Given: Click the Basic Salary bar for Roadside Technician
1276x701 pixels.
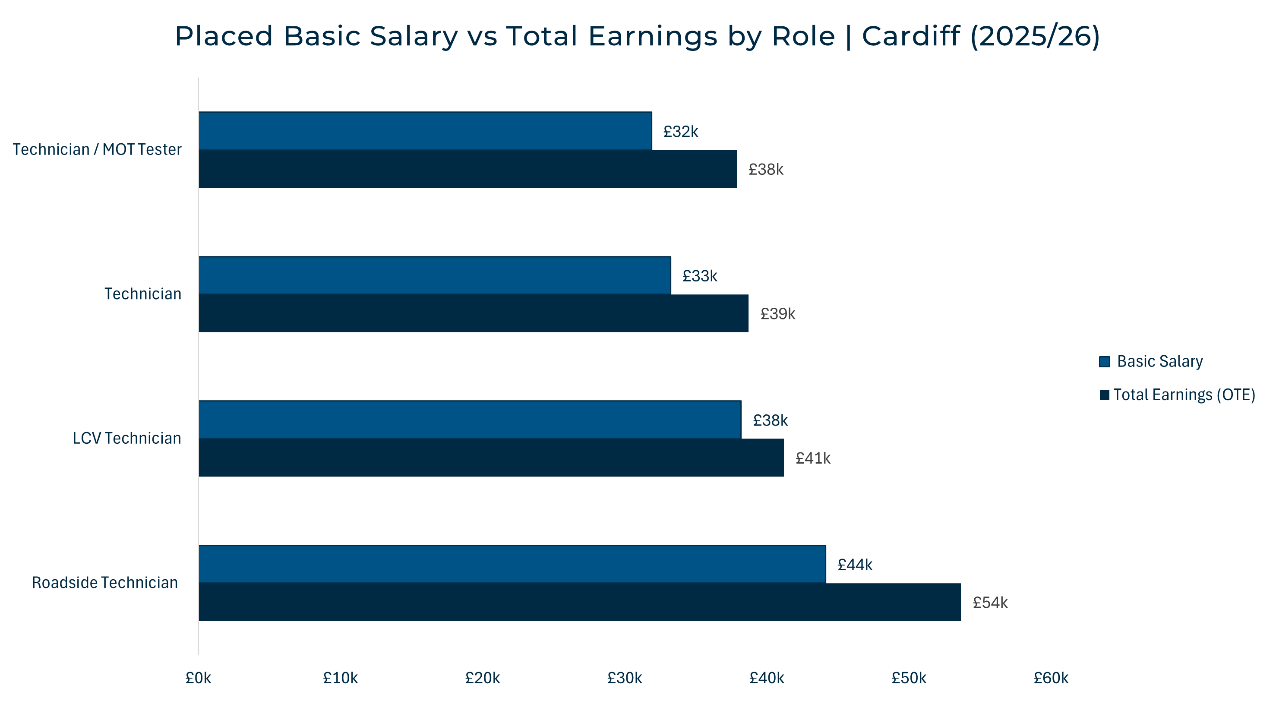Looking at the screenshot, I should pos(512,564).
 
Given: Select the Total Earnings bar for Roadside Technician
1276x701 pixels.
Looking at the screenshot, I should pos(580,602).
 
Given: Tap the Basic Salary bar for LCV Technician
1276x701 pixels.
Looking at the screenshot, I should pos(470,420).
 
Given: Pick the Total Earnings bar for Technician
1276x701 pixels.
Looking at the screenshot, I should pos(473,313).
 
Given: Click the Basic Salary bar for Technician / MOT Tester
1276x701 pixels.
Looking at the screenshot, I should pos(425,131).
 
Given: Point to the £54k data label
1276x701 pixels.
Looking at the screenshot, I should pos(990,603).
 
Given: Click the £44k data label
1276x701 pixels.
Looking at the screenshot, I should pos(854,565).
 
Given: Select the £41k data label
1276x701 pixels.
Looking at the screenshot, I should pos(812,458).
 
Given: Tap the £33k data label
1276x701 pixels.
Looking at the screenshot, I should pos(699,276).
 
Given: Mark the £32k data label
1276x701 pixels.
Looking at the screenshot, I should pos(681,132).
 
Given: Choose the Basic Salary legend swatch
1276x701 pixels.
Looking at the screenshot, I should pos(1104,362).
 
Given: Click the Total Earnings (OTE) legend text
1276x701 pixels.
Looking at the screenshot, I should pos(1184,395).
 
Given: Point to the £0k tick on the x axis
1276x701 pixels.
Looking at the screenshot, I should pos(198,678).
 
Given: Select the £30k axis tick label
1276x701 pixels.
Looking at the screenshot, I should pos(624,678).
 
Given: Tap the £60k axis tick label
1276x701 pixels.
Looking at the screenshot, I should pos(1050,678).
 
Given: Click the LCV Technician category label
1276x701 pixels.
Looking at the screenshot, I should pos(127,439).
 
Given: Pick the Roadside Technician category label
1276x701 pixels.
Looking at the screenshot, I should pos(104,583).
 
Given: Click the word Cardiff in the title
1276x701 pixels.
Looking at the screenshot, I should pos(910,36).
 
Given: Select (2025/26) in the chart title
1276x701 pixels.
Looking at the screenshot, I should pos(1035,36).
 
